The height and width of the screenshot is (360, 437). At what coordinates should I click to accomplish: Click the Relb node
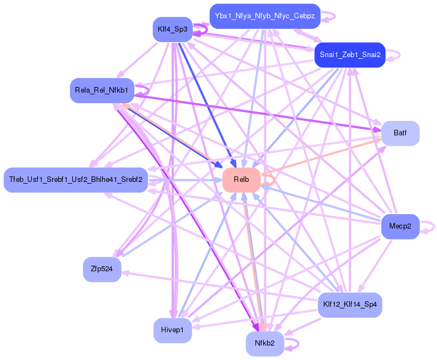tap(242, 180)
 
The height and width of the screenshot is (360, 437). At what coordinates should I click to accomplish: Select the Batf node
tap(400, 133)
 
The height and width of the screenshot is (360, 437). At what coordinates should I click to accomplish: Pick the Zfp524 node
tap(102, 269)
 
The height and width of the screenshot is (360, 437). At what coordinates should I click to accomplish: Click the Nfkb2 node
tap(265, 344)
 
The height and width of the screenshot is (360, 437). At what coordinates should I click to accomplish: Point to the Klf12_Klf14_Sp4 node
tap(350, 305)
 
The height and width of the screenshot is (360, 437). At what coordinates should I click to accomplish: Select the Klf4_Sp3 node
tap(172, 29)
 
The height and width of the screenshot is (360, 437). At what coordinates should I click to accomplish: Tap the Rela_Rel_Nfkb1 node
tap(101, 90)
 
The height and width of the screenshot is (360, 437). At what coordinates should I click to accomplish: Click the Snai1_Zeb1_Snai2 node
tap(350, 54)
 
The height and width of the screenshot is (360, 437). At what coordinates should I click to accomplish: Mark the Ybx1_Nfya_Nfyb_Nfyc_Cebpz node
tap(265, 16)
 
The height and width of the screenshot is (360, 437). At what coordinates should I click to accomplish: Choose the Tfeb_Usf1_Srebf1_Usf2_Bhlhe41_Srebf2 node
tap(76, 180)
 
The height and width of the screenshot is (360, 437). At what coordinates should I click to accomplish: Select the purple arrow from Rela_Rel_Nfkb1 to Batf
tap(255, 111)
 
